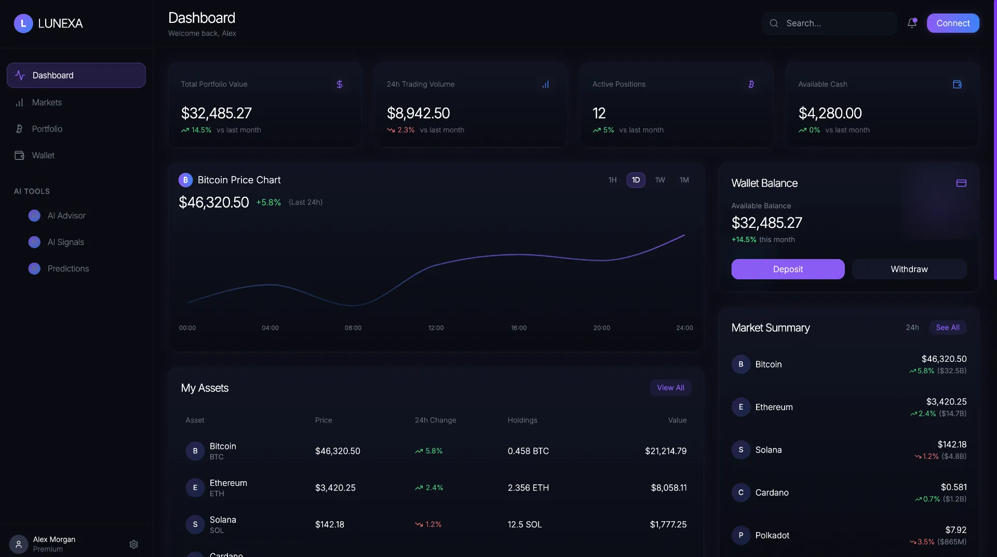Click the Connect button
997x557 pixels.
pyautogui.click(x=953, y=23)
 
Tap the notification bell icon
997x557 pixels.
pyautogui.click(x=912, y=23)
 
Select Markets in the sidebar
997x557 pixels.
pyautogui.click(x=47, y=103)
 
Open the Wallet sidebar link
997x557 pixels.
pyautogui.click(x=43, y=156)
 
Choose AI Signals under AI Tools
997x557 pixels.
pyautogui.click(x=65, y=242)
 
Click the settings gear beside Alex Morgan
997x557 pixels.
pyautogui.click(x=133, y=544)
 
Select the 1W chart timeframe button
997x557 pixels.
pyautogui.click(x=660, y=180)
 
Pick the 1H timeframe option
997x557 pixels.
pyautogui.click(x=613, y=180)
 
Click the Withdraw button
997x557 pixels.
pyautogui.click(x=909, y=269)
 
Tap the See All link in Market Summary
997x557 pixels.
pyautogui.click(x=948, y=328)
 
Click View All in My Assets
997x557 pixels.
pyautogui.click(x=670, y=388)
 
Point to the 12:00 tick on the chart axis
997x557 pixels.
pyautogui.click(x=436, y=328)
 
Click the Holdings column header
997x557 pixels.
pyautogui.click(x=522, y=420)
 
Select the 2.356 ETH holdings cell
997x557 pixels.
pyautogui.click(x=528, y=488)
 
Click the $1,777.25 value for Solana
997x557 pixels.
pyautogui.click(x=668, y=525)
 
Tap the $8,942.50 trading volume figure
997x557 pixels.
pyautogui.click(x=418, y=113)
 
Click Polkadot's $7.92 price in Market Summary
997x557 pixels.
pyautogui.click(x=955, y=530)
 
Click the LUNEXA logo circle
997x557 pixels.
pyautogui.click(x=23, y=23)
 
